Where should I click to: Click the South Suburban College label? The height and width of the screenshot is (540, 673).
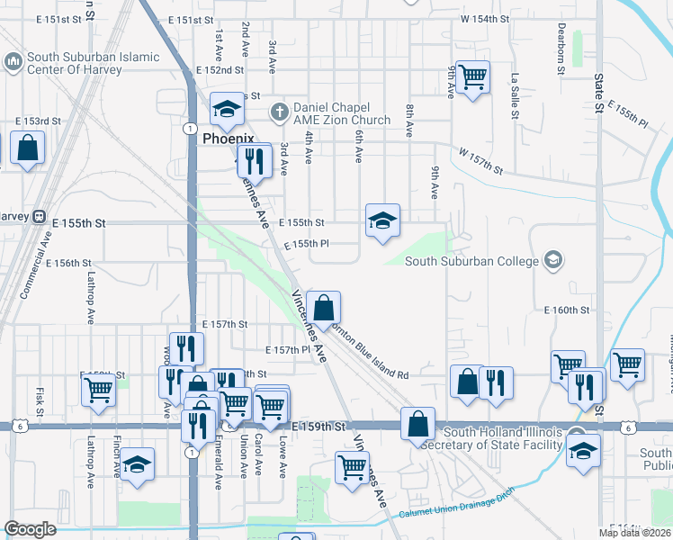471,262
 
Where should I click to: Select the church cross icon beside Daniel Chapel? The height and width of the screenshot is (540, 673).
279,112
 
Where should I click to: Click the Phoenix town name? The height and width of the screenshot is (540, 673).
228,139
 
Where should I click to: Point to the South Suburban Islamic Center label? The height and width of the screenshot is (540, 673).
93,63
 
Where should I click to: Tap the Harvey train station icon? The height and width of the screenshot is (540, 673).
39,216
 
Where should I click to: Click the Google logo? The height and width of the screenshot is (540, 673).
30,529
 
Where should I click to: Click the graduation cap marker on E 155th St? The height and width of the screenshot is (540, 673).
382,220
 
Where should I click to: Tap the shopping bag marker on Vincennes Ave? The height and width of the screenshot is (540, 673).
323,307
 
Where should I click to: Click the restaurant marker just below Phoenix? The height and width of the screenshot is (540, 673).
255,160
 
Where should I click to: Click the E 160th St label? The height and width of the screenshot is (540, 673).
566,310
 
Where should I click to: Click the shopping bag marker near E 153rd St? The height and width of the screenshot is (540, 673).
28,147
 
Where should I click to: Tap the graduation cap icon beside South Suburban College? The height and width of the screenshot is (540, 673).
552,261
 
